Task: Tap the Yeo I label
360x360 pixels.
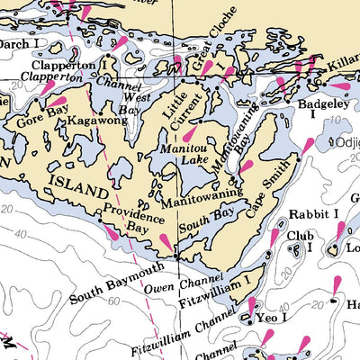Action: coord(273,319)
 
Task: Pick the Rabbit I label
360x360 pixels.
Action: coord(313,214)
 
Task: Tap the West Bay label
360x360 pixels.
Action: coord(132,103)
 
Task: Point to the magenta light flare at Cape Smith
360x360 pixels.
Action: coord(307,147)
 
